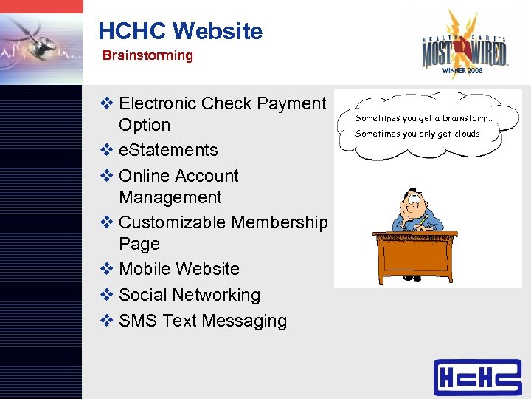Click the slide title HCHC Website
point(180,31)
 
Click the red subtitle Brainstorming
point(147,55)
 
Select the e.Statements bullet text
point(168,150)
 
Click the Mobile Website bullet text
point(178,269)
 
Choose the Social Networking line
point(189,295)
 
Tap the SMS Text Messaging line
point(202,321)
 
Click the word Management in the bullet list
point(170,197)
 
